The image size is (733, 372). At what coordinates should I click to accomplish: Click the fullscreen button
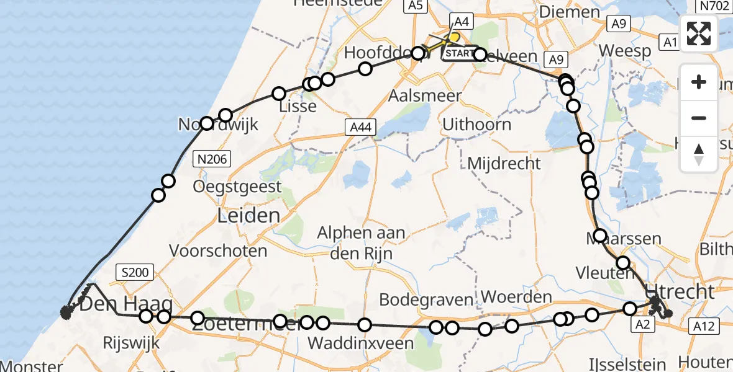(699, 33)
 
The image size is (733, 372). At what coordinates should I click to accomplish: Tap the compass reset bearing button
(699, 154)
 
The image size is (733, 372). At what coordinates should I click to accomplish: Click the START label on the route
(460, 54)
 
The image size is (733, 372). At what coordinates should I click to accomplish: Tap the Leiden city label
(248, 216)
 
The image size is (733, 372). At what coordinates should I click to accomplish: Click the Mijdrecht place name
(504, 164)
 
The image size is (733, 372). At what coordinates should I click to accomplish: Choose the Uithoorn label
(476, 125)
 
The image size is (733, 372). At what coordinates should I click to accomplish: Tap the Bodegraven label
(426, 299)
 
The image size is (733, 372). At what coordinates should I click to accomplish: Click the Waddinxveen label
(360, 343)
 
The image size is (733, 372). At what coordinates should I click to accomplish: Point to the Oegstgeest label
(238, 186)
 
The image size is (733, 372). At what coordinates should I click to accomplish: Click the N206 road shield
(212, 160)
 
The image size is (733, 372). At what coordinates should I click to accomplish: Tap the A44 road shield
(360, 127)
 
